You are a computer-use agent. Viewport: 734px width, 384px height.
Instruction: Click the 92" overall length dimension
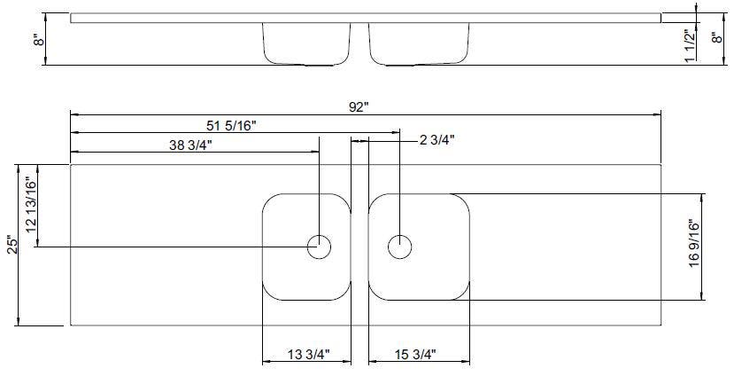(359, 107)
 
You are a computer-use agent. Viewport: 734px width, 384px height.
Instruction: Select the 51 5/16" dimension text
(231, 126)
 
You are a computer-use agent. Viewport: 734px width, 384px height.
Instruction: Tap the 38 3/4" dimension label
(191, 145)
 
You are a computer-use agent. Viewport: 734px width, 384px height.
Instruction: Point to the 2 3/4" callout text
(437, 140)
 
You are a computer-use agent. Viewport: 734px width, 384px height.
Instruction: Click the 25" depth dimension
(12, 244)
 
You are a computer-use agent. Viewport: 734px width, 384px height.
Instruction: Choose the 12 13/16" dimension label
(30, 205)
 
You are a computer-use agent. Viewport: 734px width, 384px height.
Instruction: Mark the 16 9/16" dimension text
(694, 243)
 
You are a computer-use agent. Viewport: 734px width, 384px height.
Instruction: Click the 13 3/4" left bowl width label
(309, 355)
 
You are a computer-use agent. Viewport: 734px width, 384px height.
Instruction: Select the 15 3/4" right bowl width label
(415, 355)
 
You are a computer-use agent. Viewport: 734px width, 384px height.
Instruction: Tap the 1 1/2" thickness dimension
(689, 46)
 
